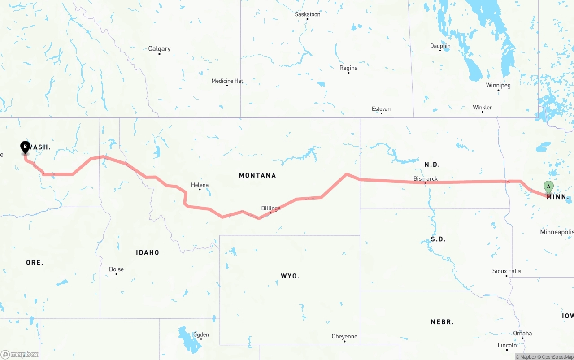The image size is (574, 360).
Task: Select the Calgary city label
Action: tap(159, 49)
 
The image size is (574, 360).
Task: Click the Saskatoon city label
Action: tap(308, 14)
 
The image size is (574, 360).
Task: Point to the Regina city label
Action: tap(348, 68)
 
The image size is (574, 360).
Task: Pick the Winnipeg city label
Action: tap(498, 85)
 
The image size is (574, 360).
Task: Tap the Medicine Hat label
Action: tap(227, 81)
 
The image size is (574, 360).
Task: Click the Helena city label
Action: tap(200, 185)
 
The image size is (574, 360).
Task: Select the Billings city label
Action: tap(271, 208)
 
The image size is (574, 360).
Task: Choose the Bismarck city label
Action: tap(426, 178)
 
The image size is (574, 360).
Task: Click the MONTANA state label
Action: tap(257, 175)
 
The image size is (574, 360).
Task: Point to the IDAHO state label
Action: tap(148, 252)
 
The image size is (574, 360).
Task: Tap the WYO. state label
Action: tap(290, 276)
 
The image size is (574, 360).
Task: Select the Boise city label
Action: tap(116, 269)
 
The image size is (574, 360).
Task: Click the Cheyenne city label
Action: tap(344, 336)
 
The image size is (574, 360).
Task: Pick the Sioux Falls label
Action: tap(507, 271)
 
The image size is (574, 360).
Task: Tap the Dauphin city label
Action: tap(440, 46)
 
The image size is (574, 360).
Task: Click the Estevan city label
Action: tap(381, 109)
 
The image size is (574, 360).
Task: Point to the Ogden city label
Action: tap(201, 334)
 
